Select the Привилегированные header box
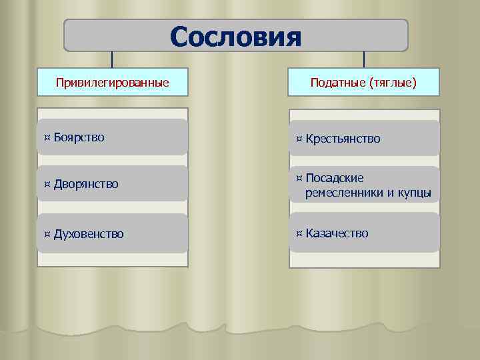click(112, 83)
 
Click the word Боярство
click(79, 137)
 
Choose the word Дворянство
click(86, 183)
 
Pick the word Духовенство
click(89, 234)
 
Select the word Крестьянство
click(343, 139)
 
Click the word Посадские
click(335, 179)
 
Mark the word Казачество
click(337, 233)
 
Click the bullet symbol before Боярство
click(47, 137)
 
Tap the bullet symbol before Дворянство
click(47, 183)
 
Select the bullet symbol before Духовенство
click(47, 234)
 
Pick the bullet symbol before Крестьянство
click(299, 139)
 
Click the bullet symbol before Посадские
click(299, 179)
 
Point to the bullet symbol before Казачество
click(299, 233)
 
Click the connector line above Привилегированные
click(112, 59)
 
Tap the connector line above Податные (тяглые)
click(364, 59)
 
